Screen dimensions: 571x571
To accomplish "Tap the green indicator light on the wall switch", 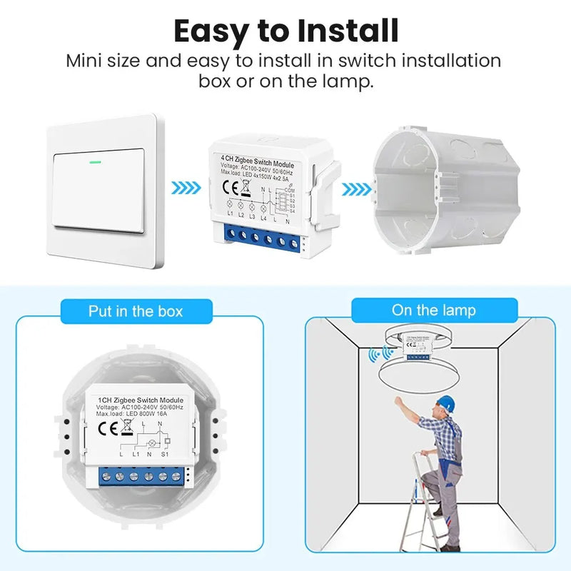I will click(94, 161).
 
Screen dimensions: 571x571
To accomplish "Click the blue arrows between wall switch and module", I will click(186, 190).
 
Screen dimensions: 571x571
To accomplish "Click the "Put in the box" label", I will click(136, 311).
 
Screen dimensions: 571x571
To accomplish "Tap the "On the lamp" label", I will click(433, 310).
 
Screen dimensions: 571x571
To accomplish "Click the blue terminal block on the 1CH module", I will click(143, 476).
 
